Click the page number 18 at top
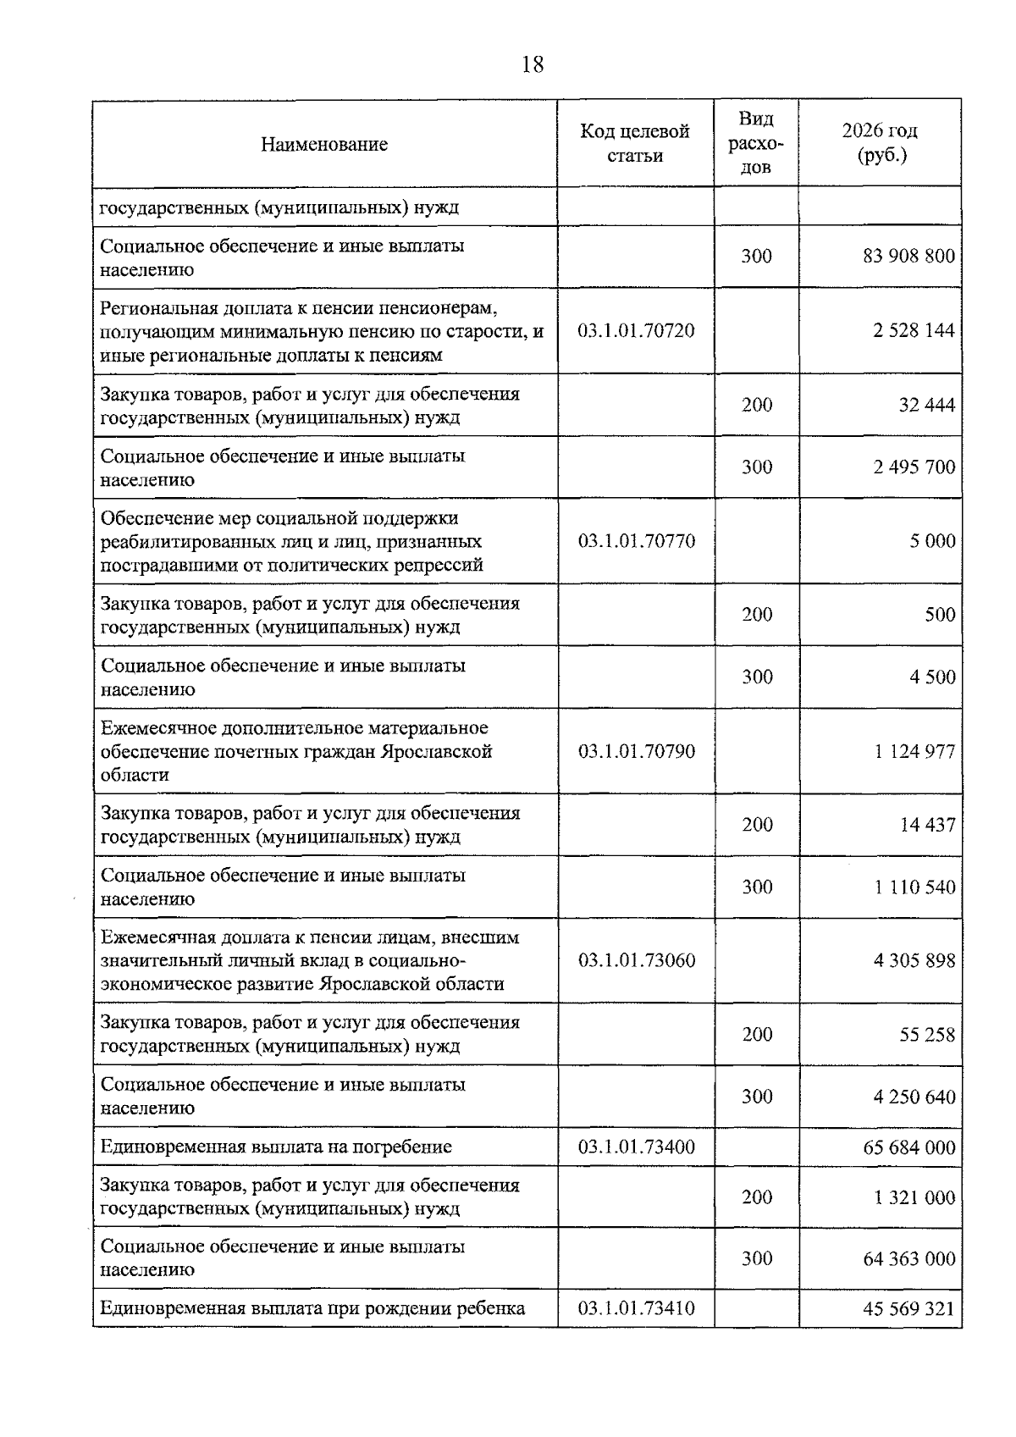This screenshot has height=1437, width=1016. pos(533,64)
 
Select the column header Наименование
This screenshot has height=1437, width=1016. pos(324,144)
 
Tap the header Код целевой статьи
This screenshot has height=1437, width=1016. pos(635,143)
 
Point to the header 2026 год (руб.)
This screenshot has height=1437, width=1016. pos(880,143)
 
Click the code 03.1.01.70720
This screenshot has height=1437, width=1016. pos(636,330)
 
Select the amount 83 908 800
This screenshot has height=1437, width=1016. pos(908,256)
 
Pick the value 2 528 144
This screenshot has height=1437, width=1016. pos(914,330)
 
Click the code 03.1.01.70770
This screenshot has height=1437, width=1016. pos(636,540)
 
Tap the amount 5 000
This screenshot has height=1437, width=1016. pos(932,540)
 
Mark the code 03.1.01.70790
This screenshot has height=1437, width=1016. pos(636,751)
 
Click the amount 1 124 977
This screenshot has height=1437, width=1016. pos(914,751)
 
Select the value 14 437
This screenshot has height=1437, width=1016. pos(927,825)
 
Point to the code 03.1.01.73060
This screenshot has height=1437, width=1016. pos(636,960)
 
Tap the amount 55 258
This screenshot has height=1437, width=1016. pos(926,1035)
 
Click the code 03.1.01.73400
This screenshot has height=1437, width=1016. pos(636,1147)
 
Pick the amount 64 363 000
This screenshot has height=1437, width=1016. pos(908,1259)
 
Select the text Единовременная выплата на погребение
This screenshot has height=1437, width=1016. pos(276,1147)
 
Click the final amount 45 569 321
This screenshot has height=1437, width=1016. pos(908,1309)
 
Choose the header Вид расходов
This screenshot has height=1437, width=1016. pos(756,143)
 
